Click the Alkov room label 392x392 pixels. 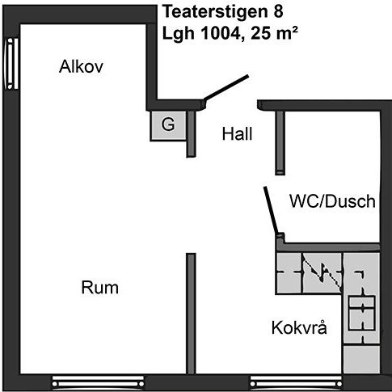point(81,66)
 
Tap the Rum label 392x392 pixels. point(100,288)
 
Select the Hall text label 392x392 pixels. point(237,133)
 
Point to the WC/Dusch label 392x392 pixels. point(332,201)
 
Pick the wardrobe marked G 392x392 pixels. point(168,125)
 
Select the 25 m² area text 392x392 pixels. point(274,33)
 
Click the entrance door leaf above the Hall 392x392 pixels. point(226,87)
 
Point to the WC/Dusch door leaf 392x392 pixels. point(271,210)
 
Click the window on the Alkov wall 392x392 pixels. point(11,64)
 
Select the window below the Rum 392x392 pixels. point(98,383)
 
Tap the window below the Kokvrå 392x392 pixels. point(297,383)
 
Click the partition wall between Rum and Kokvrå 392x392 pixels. point(191,314)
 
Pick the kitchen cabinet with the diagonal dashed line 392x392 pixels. point(322,273)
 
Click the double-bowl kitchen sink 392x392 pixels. point(361,313)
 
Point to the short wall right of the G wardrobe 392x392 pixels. point(191,134)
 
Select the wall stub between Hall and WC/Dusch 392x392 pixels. point(280,143)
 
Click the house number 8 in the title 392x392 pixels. point(279,13)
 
